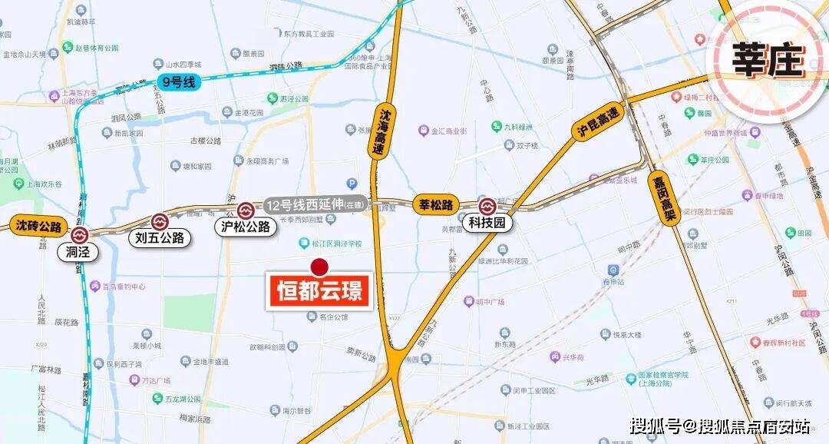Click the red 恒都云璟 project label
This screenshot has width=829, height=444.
click(319, 291)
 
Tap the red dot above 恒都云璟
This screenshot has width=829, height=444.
click(319, 267)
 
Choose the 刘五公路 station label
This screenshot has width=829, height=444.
click(160, 237)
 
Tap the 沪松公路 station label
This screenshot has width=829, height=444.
click(246, 227)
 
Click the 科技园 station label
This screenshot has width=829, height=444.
click(487, 224)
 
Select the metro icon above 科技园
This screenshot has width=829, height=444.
click(487, 206)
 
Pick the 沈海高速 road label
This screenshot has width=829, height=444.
click(385, 132)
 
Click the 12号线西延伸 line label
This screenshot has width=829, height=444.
click(315, 205)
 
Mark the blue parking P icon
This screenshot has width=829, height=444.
click(352, 184)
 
